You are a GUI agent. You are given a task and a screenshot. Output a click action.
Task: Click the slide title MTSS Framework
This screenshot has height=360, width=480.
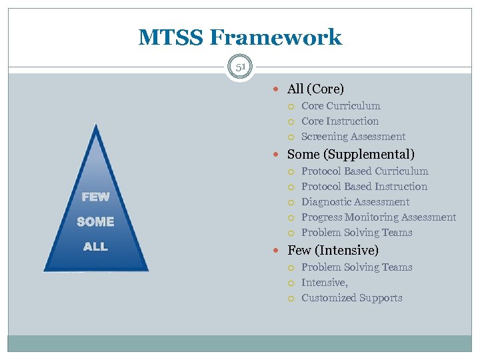click(x=240, y=37)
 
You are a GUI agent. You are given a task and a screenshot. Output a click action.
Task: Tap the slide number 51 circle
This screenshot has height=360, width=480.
click(x=240, y=67)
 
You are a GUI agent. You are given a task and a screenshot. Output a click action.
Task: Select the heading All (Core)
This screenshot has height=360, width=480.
click(x=315, y=89)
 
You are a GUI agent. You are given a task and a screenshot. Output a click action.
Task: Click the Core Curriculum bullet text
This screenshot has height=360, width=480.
click(x=341, y=106)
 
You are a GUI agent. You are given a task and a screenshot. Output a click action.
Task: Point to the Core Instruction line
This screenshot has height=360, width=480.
click(x=340, y=121)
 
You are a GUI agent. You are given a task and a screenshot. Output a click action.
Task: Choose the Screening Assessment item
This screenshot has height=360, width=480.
click(x=353, y=137)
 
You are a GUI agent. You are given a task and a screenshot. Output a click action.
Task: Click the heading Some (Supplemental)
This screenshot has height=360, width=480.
click(x=351, y=154)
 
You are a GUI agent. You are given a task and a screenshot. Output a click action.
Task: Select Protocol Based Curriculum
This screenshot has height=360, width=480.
click(x=365, y=171)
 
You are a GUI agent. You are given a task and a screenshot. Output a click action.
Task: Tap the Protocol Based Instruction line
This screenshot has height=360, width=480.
click(x=364, y=187)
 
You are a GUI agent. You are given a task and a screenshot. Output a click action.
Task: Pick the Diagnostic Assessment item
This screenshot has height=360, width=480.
click(x=355, y=202)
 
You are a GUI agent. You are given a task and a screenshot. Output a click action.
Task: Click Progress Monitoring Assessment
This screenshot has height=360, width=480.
click(x=379, y=217)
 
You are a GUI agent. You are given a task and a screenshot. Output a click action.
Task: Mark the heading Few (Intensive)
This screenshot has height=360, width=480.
click(x=333, y=251)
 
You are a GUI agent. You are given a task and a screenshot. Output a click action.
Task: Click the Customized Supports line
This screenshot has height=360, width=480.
click(x=352, y=298)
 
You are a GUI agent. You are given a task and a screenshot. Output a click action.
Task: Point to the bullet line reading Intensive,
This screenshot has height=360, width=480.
click(x=325, y=283)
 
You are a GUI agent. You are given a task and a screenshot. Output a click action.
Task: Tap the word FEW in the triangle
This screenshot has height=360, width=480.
click(x=95, y=197)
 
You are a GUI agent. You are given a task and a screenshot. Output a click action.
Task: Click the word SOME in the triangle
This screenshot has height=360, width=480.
click(x=95, y=222)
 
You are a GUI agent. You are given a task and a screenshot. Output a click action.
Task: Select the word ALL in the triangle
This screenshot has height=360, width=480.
click(x=95, y=247)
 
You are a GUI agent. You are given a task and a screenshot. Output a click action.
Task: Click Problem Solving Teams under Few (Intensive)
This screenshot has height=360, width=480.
click(x=357, y=267)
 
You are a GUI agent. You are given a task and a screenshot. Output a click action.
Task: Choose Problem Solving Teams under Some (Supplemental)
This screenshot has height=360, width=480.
click(x=357, y=233)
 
